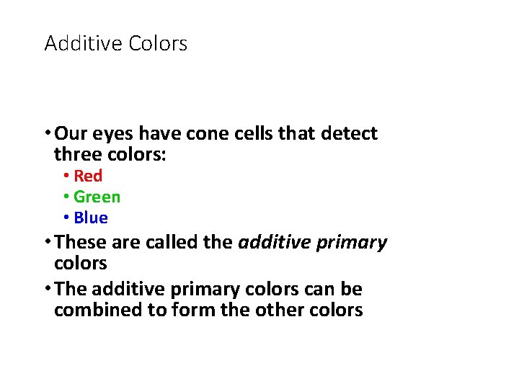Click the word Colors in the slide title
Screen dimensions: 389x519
tap(158, 44)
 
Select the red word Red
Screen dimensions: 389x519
tap(88, 176)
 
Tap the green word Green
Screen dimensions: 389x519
tap(97, 197)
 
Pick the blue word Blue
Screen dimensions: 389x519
tap(91, 218)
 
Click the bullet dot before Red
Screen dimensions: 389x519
tap(66, 176)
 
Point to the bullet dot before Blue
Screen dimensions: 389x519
tap(66, 218)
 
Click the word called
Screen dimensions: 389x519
tap(172, 243)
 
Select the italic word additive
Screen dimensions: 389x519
tap(272, 243)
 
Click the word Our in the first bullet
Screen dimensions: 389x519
tap(70, 134)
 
